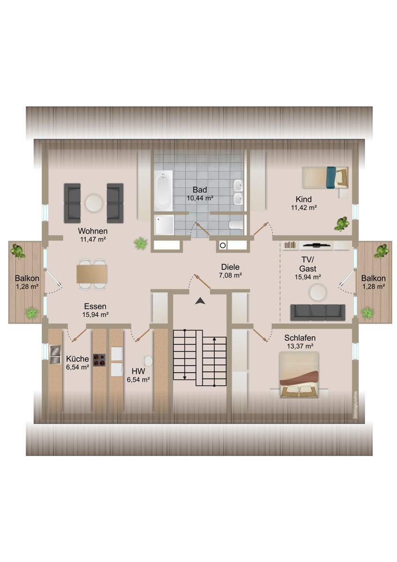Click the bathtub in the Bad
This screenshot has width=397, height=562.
pos(163,191)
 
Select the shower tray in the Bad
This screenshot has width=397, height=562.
pos(164,224)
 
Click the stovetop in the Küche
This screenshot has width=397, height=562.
pos(99,360)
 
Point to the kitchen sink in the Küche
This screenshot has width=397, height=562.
pos(55,354)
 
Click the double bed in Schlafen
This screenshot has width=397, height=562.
pos(299,375)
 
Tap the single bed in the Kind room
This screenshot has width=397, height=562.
pos(325,177)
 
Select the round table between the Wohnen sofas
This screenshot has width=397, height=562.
pos(94,203)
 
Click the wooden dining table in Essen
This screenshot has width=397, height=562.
pos(92,274)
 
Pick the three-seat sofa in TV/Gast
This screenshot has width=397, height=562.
pos(317,312)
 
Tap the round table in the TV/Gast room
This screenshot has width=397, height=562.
pos(318,292)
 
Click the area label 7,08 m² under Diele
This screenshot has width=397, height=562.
pos(230,275)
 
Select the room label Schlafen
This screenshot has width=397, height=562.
pos(300,338)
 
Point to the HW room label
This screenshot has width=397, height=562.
pos(139,371)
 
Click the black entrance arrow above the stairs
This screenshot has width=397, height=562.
pos(200,301)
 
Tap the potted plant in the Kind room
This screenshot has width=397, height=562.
pos(342,224)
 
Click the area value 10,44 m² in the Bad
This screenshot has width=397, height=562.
pos(200,198)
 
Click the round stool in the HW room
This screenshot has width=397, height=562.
pos(147,361)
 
